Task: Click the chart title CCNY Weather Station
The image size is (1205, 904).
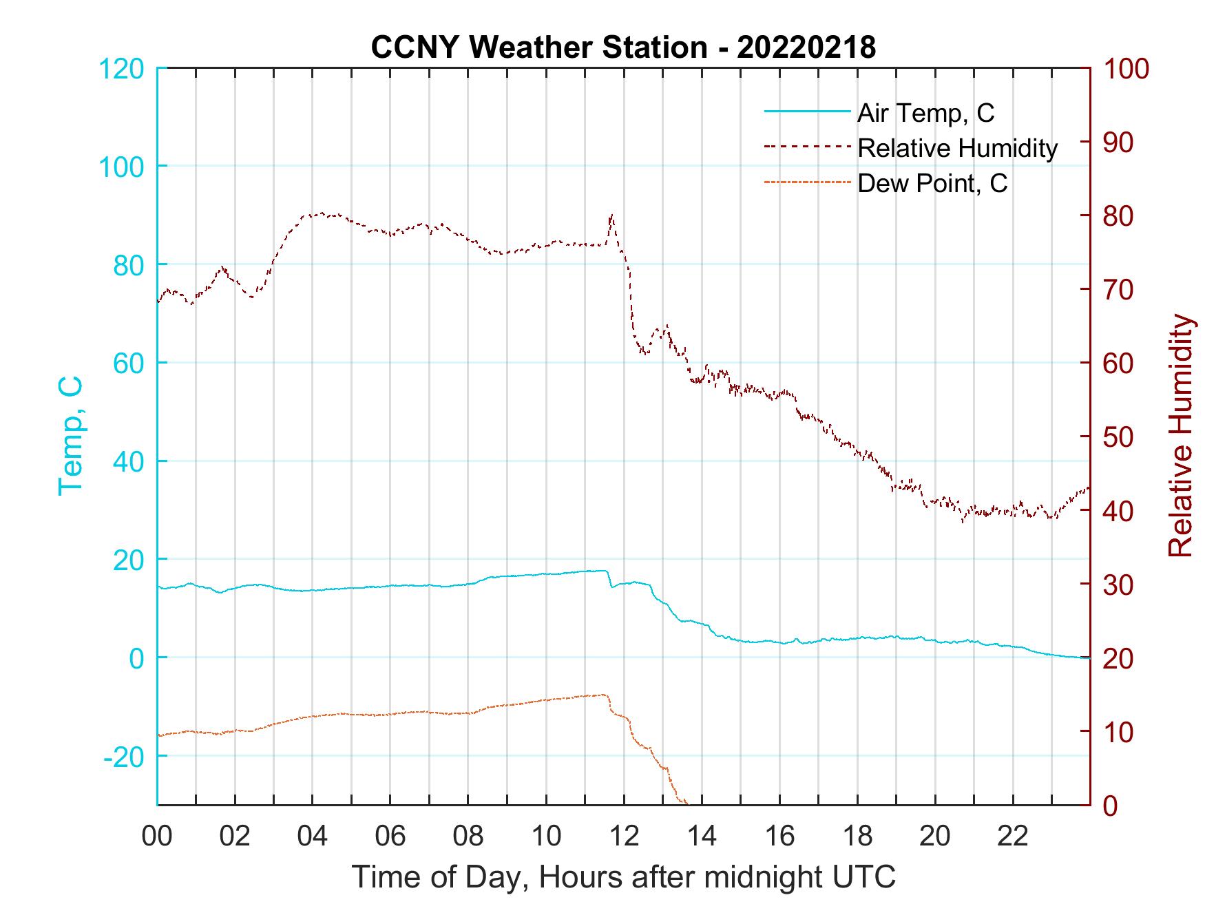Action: pyautogui.click(x=623, y=47)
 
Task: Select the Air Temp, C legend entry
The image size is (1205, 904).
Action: pyautogui.click(x=925, y=113)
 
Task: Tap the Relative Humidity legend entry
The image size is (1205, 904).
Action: pyautogui.click(x=956, y=148)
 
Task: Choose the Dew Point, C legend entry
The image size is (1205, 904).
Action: pyautogui.click(x=932, y=184)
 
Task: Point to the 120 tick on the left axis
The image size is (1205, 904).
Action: pyautogui.click(x=122, y=69)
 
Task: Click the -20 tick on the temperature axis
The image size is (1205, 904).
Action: pyautogui.click(x=123, y=757)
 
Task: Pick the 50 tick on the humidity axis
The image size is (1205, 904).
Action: pyautogui.click(x=1119, y=437)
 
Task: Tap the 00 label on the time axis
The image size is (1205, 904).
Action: pyautogui.click(x=157, y=837)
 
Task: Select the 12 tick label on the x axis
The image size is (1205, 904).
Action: pyautogui.click(x=624, y=837)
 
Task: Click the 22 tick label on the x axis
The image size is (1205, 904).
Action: pyautogui.click(x=1013, y=837)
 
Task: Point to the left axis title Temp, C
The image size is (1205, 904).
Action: pyautogui.click(x=70, y=436)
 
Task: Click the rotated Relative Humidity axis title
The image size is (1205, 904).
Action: pyautogui.click(x=1180, y=436)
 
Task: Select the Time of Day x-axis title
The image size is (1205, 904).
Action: pyautogui.click(x=623, y=877)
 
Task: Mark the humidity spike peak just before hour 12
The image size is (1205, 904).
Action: pyautogui.click(x=611, y=216)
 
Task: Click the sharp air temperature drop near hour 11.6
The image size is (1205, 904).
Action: pyautogui.click(x=609, y=580)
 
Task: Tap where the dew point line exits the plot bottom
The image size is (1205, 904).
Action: pyautogui.click(x=686, y=803)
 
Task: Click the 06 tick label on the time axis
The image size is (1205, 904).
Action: pyautogui.click(x=390, y=837)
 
